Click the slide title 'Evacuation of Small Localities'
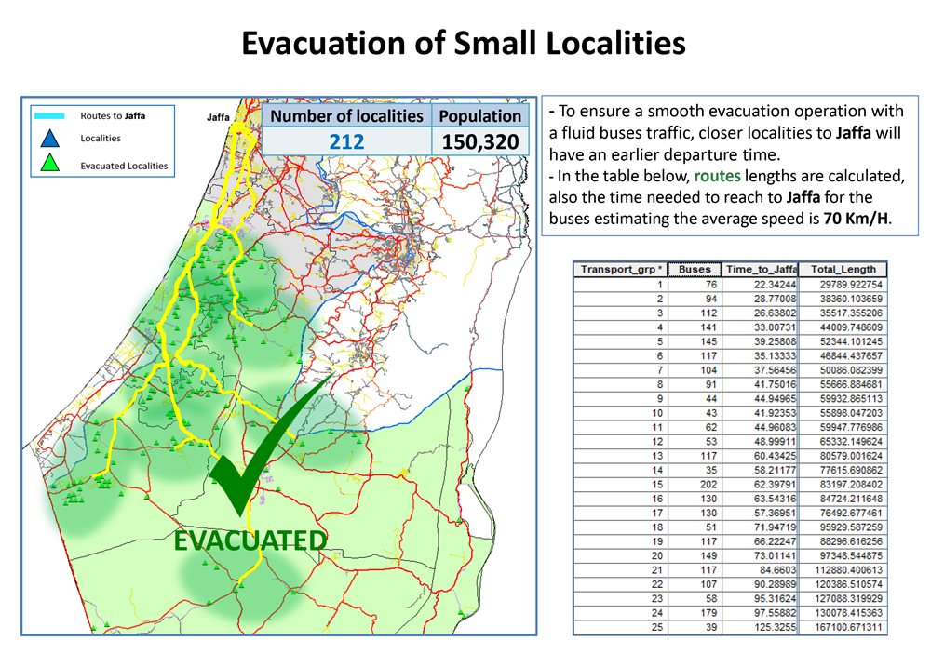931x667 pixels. tap(463, 44)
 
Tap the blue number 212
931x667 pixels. tap(346, 141)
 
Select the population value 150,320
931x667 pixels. tap(479, 141)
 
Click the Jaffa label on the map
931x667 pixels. tap(218, 117)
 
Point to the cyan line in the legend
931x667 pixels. tap(49, 115)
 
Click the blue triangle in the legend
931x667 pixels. tap(50, 139)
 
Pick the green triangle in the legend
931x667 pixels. tap(50, 163)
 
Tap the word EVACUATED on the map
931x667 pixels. tap(250, 540)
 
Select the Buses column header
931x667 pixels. tap(695, 270)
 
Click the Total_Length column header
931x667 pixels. tap(843, 270)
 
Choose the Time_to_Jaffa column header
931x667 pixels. tap(760, 270)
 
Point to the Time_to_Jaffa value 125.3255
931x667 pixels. tap(775, 627)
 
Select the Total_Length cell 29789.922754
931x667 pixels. tap(851, 285)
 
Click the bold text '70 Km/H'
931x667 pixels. tap(856, 219)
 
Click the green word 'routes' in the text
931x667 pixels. tap(717, 176)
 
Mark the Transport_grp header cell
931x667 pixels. tap(620, 270)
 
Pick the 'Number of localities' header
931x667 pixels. tap(346, 115)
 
